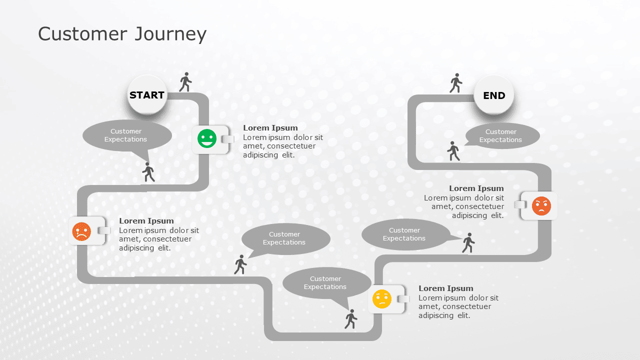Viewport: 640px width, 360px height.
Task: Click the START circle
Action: [x=147, y=95]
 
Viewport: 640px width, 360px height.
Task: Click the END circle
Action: [x=494, y=95]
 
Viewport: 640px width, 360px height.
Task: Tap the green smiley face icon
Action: [x=207, y=138]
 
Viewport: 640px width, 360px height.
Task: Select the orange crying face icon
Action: [x=81, y=231]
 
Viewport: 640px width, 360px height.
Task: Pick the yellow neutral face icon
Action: [x=382, y=299]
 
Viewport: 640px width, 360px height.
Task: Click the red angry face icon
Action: [x=541, y=206]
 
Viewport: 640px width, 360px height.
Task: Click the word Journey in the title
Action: [x=170, y=34]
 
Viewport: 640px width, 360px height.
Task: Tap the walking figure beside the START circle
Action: [x=185, y=82]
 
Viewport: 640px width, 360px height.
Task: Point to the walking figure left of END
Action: [x=455, y=83]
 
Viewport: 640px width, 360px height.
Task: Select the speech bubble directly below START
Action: [x=126, y=135]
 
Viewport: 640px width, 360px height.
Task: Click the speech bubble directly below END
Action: [x=502, y=136]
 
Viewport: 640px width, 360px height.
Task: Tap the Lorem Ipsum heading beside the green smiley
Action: [x=270, y=128]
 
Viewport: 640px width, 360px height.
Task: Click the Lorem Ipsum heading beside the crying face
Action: [x=146, y=221]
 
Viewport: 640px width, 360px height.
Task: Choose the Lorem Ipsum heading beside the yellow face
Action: [x=446, y=288]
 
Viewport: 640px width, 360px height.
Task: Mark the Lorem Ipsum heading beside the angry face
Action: [x=476, y=188]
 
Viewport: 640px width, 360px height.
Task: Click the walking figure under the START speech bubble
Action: [x=148, y=172]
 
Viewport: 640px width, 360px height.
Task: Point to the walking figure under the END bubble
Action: [x=453, y=151]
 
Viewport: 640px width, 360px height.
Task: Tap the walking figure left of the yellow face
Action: [x=351, y=319]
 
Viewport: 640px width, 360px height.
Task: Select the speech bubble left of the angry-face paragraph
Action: [x=405, y=234]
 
